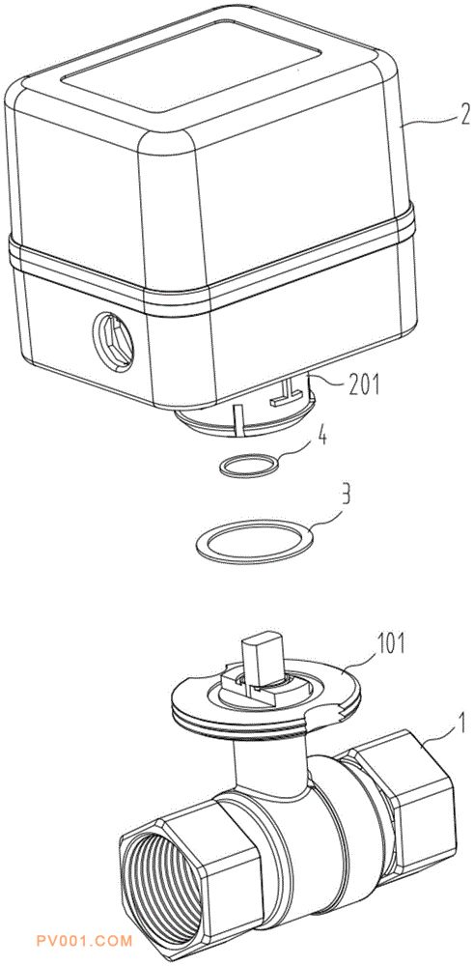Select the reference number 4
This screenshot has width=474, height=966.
[x=322, y=440]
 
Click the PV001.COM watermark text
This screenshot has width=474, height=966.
[x=85, y=941]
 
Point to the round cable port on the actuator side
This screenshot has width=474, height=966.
[x=113, y=341]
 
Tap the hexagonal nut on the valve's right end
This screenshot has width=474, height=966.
[x=407, y=782]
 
